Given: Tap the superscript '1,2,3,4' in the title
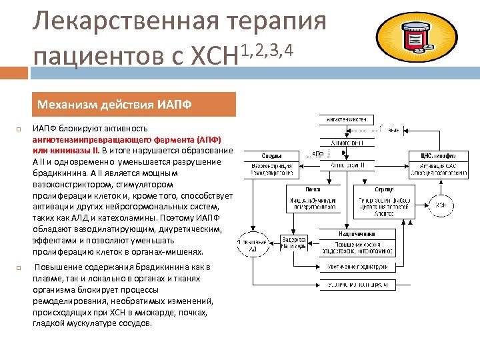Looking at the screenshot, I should point(267,49).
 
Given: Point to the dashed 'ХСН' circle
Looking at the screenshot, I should point(441,205).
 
